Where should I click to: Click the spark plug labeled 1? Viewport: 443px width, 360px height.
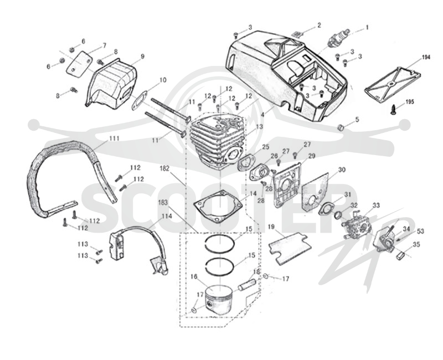coord(339,38)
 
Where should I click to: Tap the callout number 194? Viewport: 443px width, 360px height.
coord(426,58)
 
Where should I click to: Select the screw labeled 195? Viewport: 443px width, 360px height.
coord(394,109)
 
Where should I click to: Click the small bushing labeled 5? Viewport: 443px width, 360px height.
coord(342,127)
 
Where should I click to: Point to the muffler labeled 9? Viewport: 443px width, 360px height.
coord(112,84)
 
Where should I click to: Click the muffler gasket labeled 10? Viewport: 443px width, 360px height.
coord(140,100)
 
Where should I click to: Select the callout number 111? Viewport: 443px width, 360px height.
coord(114,138)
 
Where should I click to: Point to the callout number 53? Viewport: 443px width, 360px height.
coord(420,232)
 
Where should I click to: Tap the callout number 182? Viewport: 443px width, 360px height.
coord(164,168)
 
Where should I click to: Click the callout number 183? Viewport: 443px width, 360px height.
coord(163,202)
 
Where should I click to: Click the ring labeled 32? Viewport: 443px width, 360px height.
coord(338,216)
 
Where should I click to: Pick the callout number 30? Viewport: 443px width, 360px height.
coord(342,170)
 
